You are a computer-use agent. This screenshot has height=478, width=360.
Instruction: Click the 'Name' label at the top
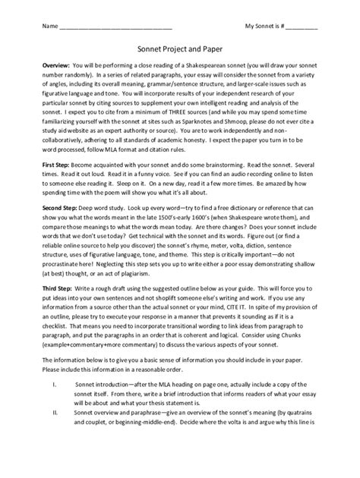pos(49,27)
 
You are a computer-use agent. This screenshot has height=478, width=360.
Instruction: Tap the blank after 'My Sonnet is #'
pos(302,29)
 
